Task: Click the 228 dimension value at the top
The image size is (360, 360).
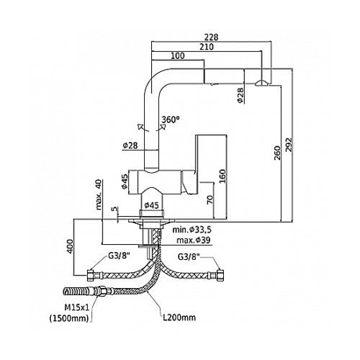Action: [x=211, y=37]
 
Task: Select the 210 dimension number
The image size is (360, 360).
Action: [x=207, y=47]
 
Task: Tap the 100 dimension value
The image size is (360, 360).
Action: [x=178, y=56]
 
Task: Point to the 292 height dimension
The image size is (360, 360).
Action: [x=289, y=145]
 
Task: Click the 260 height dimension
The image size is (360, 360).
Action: [x=277, y=153]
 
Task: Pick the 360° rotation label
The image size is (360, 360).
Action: [x=171, y=120]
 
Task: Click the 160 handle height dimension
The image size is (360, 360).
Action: [x=222, y=176]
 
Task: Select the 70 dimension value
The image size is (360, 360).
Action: [x=210, y=199]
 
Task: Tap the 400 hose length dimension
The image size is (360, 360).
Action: [x=70, y=246]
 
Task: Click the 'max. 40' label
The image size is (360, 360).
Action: [x=99, y=194]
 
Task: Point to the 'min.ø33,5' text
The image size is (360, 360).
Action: [x=192, y=230]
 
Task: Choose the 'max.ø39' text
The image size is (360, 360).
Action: [x=193, y=240]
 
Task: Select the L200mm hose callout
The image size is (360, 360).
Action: [x=179, y=318]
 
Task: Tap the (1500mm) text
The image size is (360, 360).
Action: [x=69, y=318]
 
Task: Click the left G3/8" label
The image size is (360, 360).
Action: [x=120, y=256]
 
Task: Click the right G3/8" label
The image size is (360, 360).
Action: [x=189, y=257]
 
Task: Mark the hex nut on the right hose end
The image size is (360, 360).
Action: [x=220, y=275]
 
